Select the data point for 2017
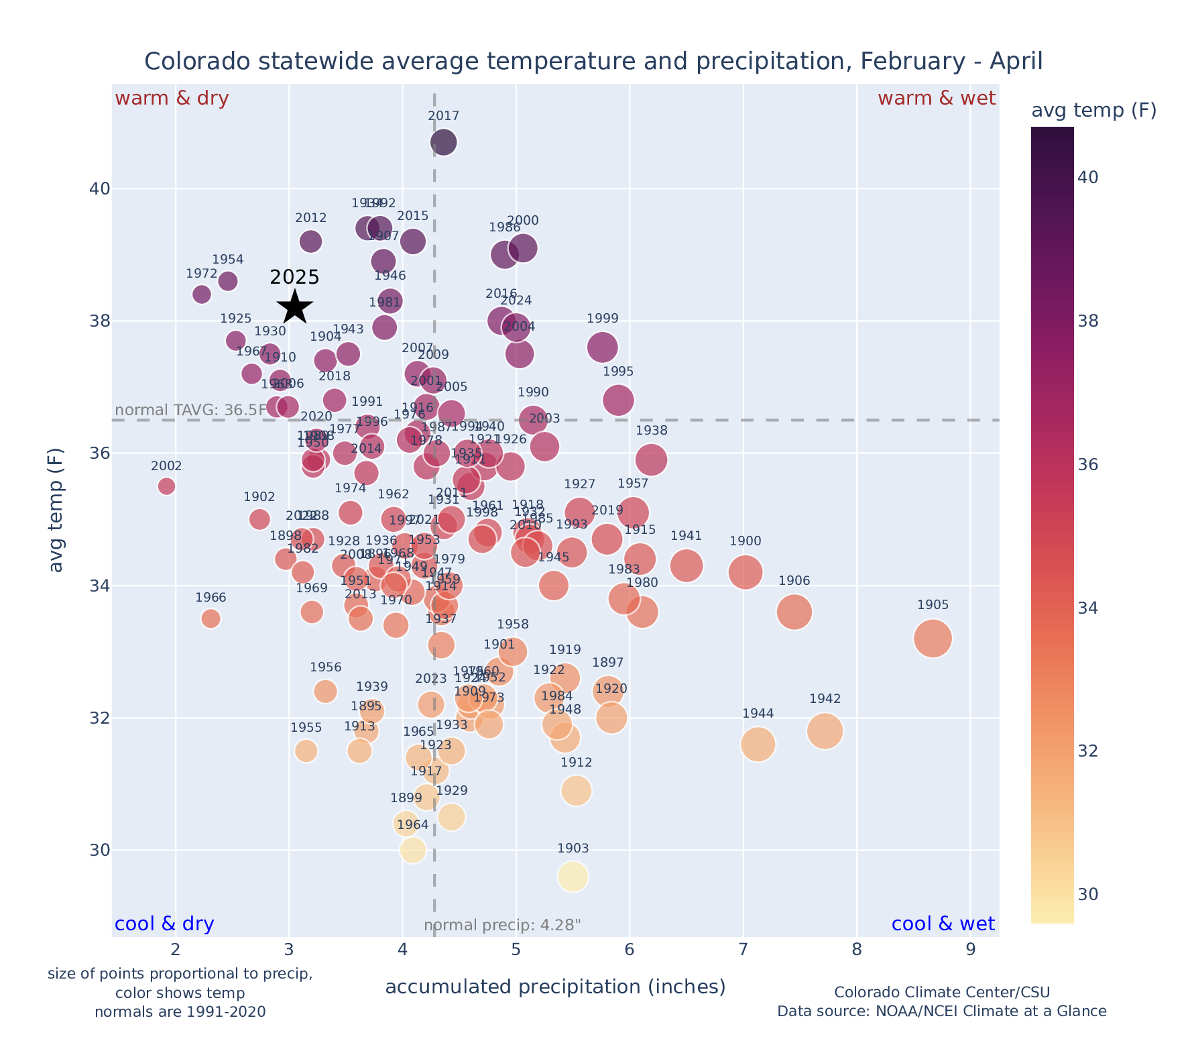pos(444,142)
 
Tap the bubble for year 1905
pos(933,639)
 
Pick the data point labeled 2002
pos(167,486)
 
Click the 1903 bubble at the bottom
pos(573,877)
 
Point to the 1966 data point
pos(211,618)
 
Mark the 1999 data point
pos(603,347)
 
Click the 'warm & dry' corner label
pos(172,99)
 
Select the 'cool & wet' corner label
pos(943,924)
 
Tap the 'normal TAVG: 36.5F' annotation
pos(191,410)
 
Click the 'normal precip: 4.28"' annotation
pos(502,926)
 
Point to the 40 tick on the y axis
pos(99,189)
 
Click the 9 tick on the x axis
pos(971,950)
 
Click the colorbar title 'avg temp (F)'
pos(1093,111)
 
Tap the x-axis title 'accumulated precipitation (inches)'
pos(555,987)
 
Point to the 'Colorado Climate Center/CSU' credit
pos(942,992)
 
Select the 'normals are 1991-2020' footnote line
pos(180,1011)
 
